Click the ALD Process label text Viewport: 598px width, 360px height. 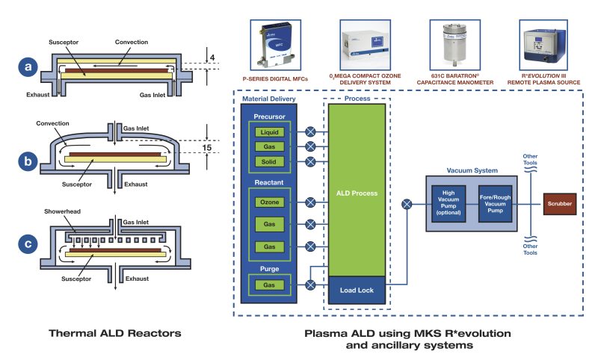355,193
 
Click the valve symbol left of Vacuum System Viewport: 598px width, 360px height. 407,204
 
